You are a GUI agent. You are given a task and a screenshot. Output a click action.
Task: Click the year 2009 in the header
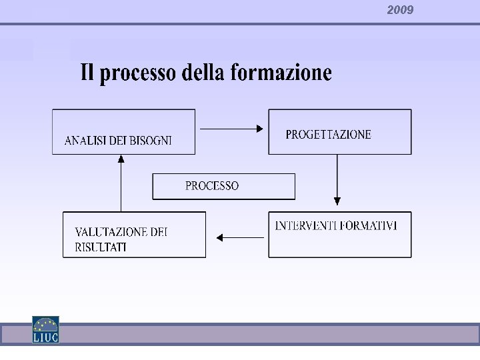(400, 10)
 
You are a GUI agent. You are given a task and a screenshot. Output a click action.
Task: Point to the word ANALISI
(84, 141)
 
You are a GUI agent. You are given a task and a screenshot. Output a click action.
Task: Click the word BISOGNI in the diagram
(151, 141)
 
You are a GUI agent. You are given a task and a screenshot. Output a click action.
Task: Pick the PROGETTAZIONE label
(328, 135)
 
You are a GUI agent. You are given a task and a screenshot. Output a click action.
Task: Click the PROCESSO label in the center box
(212, 186)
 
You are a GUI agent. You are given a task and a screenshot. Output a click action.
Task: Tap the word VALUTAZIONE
(110, 232)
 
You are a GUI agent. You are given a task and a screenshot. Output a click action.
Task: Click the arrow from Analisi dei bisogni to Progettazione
(231, 129)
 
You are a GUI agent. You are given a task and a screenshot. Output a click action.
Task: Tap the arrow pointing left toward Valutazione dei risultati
(239, 237)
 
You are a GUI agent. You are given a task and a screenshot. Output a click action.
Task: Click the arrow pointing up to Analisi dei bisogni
(121, 183)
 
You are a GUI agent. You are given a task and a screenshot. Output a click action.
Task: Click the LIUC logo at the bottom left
(45, 329)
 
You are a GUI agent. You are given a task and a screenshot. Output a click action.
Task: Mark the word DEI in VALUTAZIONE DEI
(159, 232)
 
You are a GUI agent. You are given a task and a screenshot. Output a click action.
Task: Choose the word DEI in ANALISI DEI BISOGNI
(116, 141)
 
